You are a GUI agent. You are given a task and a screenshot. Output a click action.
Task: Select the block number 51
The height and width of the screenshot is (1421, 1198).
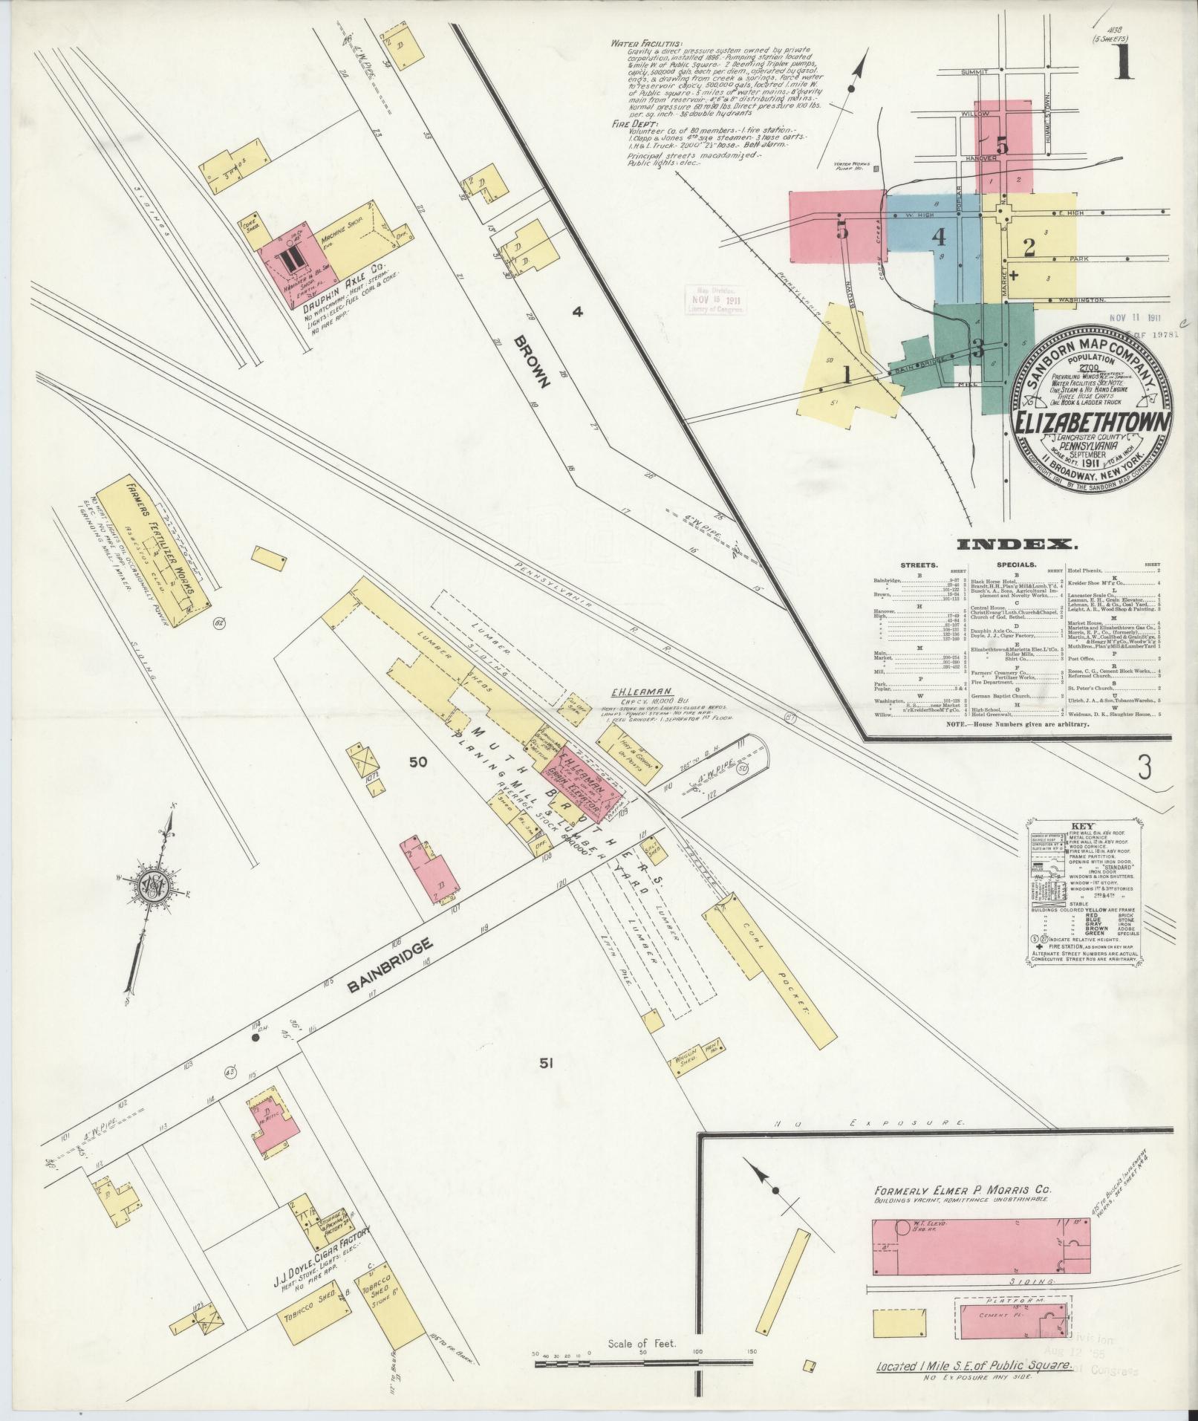coord(547,1064)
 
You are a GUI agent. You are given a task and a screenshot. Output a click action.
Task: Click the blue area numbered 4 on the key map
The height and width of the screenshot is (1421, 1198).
coord(939,238)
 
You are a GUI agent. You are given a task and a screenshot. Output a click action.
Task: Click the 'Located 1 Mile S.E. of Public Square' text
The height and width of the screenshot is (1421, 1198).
coord(974,1365)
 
